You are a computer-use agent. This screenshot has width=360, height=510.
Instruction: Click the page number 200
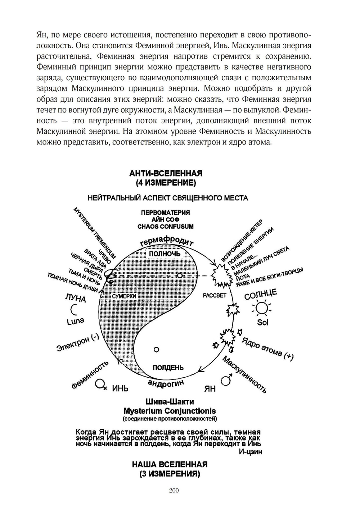[174, 490]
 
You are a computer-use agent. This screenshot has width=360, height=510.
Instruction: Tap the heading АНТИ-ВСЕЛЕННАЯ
[166, 173]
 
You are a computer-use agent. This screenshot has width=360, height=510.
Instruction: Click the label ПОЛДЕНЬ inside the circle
[168, 368]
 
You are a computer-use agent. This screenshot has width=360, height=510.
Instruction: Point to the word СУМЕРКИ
[124, 296]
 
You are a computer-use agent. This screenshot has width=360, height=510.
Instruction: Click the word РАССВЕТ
[215, 295]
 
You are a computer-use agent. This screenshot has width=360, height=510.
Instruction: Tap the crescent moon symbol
[74, 309]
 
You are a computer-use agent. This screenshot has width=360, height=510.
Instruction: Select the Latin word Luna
[76, 321]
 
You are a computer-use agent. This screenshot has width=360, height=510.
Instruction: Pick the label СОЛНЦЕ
[261, 294]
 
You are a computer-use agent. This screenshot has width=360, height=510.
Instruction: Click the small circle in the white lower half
[156, 349]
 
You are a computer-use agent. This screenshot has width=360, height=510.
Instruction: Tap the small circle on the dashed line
[180, 276]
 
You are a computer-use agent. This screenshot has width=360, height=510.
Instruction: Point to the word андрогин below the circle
[166, 383]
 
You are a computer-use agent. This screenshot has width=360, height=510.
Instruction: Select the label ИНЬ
[120, 389]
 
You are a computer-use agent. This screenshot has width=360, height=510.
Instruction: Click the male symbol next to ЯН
[226, 380]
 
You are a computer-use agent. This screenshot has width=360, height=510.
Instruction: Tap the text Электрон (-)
[77, 343]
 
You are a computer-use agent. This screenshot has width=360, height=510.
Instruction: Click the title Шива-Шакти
[170, 401]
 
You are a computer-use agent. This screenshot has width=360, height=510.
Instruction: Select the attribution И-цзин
[251, 452]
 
